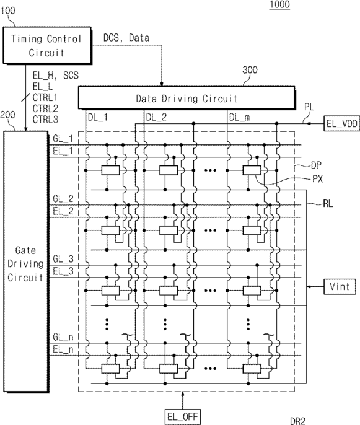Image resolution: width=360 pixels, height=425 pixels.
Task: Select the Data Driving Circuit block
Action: [187, 98]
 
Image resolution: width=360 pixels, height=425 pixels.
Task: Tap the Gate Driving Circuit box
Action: [26, 261]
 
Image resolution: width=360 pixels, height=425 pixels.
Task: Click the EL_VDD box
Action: [342, 124]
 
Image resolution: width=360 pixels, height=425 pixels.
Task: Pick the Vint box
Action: [340, 286]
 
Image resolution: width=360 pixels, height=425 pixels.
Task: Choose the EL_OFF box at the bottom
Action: [183, 416]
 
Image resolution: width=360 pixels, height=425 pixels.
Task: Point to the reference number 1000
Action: [279, 4]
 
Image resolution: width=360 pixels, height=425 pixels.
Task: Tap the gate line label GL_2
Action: [63, 199]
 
